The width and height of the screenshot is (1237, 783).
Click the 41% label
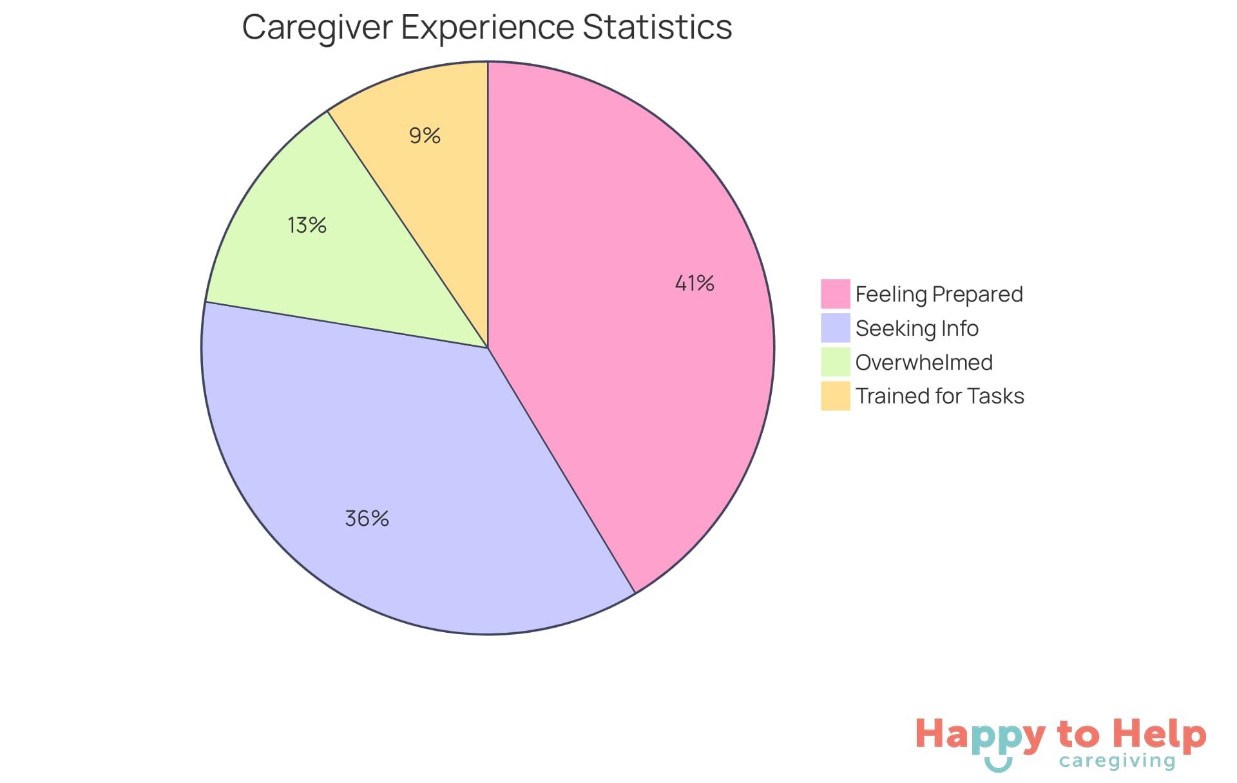click(695, 283)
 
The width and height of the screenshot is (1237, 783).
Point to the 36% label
click(367, 518)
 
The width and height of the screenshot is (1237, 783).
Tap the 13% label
click(307, 225)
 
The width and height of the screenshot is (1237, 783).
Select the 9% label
click(425, 135)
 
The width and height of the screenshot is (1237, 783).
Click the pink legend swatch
click(835, 294)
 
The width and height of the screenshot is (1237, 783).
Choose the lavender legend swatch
click(835, 328)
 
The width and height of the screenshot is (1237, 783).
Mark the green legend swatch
click(835, 362)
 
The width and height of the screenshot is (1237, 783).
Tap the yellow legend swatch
click(835, 396)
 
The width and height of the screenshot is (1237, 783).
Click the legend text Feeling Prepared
click(939, 294)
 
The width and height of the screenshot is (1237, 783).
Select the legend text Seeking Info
click(917, 328)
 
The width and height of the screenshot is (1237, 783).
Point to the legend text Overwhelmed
click(924, 362)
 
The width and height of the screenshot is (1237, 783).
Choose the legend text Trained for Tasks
click(939, 396)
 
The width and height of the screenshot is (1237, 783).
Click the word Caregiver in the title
click(317, 28)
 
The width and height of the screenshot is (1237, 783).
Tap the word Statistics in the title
click(657, 27)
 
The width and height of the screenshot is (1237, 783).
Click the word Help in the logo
click(1159, 735)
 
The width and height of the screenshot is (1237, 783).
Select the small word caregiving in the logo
click(1117, 761)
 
